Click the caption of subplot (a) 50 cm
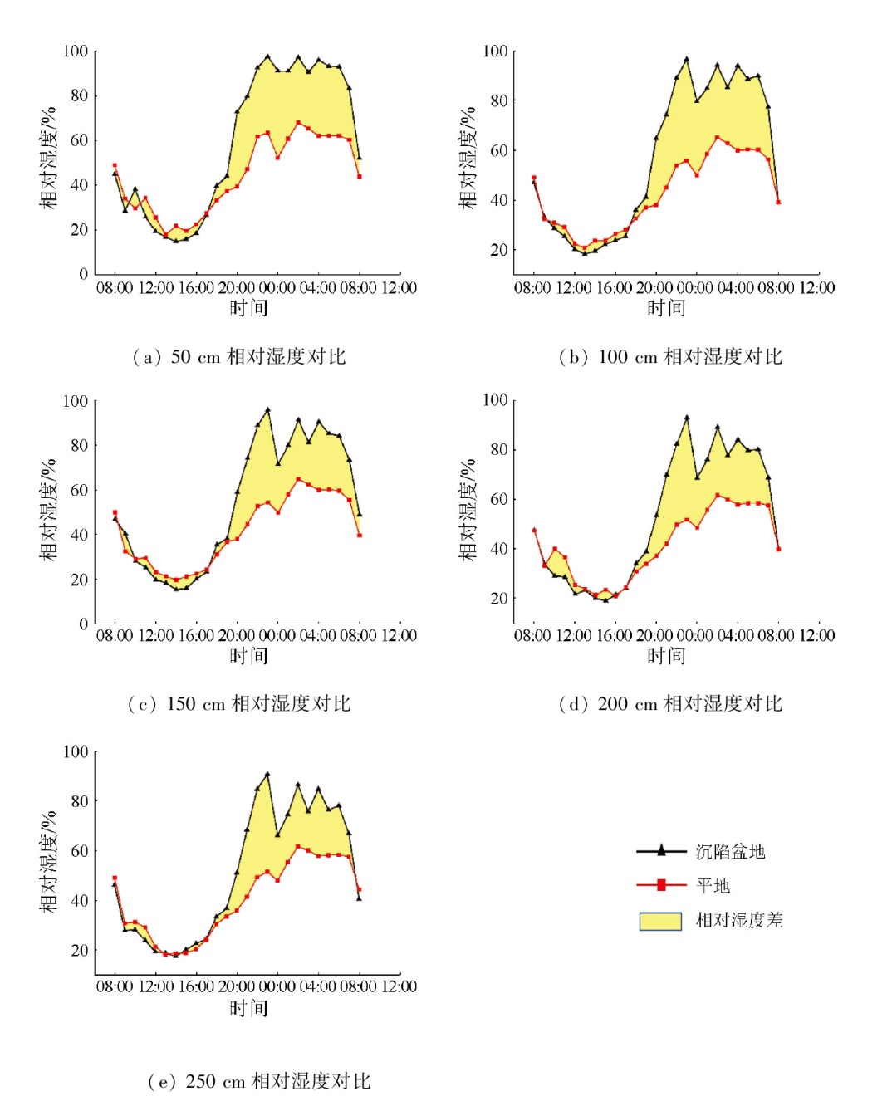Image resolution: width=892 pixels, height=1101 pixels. (x=238, y=357)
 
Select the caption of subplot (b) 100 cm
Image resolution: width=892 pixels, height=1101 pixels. (x=670, y=357)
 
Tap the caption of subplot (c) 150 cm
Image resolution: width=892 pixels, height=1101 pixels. (x=238, y=704)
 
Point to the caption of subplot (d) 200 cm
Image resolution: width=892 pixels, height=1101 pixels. (x=670, y=704)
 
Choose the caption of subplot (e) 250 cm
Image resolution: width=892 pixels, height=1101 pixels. (x=258, y=1081)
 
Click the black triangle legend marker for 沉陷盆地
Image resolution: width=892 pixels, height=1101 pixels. (x=661, y=850)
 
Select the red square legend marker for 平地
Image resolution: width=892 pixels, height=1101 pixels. (x=661, y=885)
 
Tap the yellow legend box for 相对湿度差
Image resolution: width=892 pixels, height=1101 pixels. (x=660, y=921)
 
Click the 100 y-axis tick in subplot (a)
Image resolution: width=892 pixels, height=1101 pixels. (x=76, y=51)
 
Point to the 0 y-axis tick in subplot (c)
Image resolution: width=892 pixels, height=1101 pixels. (x=83, y=624)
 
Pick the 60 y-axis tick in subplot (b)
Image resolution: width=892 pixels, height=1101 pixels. (x=498, y=150)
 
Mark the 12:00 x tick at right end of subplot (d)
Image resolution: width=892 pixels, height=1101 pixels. (x=817, y=635)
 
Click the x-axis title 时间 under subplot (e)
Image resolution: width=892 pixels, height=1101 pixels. (x=248, y=1008)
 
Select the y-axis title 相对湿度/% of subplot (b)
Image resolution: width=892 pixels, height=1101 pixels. (x=468, y=158)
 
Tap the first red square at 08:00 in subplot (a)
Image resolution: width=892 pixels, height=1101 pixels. (x=115, y=165)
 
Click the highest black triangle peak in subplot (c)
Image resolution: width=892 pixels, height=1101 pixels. (x=267, y=409)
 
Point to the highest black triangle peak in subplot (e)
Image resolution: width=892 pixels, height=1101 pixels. (x=267, y=774)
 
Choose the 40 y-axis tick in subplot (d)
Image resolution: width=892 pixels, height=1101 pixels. (x=498, y=549)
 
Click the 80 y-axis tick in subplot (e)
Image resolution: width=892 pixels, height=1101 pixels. (x=79, y=801)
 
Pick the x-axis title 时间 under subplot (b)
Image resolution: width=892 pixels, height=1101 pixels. (x=666, y=308)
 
